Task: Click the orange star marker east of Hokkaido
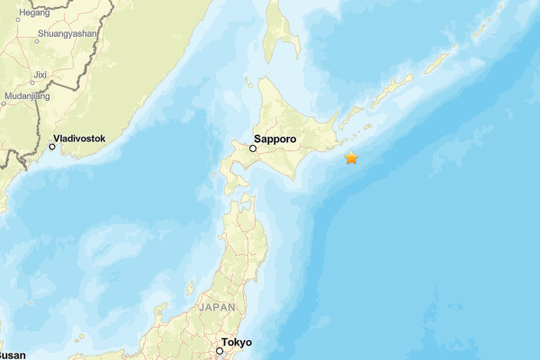351,158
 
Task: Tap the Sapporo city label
274,139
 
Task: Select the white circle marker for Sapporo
253,149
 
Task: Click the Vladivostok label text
79,139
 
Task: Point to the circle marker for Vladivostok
52,147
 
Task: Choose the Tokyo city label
237,343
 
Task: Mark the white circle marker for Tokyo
219,351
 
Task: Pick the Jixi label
40,74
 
